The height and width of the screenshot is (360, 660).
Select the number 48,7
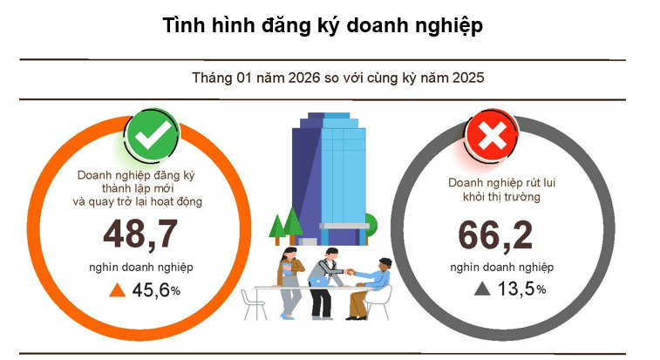(x=140, y=234)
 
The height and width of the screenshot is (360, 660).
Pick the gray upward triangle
(x=481, y=289)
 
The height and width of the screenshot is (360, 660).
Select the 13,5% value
(x=521, y=289)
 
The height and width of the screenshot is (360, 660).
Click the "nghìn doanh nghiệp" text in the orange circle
(x=140, y=266)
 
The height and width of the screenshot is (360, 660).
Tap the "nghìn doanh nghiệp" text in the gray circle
(x=501, y=267)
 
